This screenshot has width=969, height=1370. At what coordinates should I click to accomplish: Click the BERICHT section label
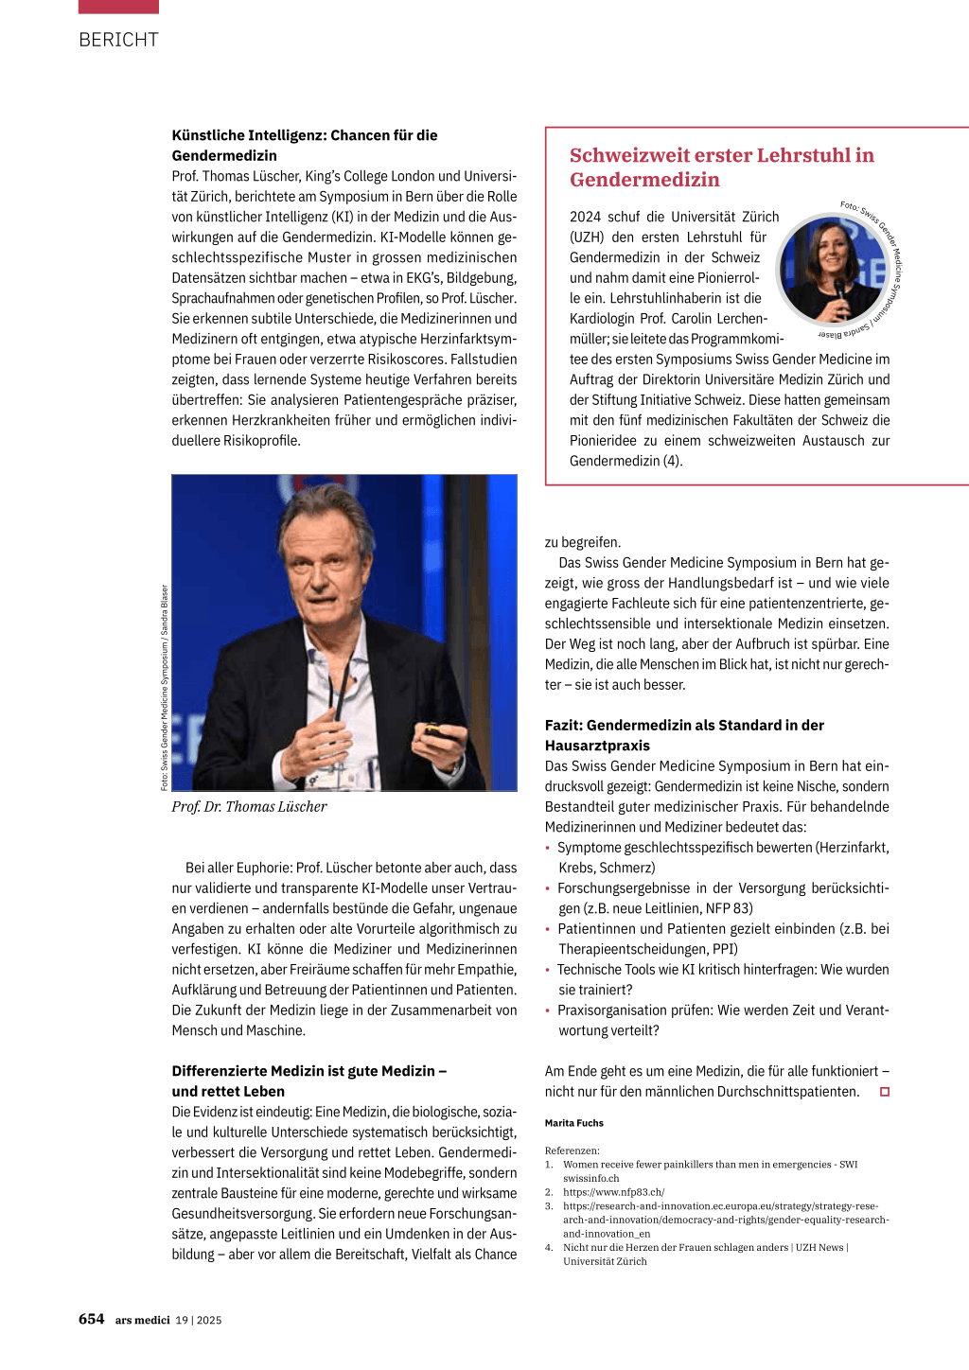(118, 40)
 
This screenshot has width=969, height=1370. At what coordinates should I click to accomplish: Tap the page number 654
(91, 1319)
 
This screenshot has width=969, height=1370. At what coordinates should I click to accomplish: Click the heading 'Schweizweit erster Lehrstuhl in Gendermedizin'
(721, 167)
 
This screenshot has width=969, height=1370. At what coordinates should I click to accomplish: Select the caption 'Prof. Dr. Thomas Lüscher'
(249, 807)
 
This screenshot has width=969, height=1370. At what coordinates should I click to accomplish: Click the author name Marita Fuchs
(573, 1123)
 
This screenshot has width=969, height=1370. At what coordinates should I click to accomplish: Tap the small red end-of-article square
(885, 1092)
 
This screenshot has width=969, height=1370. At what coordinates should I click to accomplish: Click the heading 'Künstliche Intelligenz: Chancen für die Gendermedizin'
(305, 145)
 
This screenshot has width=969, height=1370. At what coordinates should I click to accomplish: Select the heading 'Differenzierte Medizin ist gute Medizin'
(308, 1080)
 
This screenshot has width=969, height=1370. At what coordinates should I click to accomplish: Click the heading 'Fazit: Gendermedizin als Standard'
(684, 735)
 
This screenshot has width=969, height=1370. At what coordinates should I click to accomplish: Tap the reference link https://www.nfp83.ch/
(613, 1192)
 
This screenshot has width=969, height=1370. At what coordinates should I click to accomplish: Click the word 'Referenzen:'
(572, 1150)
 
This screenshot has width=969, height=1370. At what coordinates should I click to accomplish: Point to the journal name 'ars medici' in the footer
(142, 1320)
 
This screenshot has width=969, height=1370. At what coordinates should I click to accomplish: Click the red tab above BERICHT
(118, 7)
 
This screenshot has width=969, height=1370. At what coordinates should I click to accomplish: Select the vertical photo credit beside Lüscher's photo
(165, 688)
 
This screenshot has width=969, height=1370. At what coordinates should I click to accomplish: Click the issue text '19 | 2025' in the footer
(199, 1320)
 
